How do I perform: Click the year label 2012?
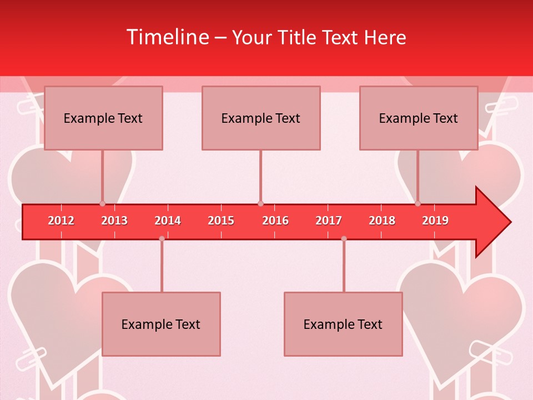tap(61, 221)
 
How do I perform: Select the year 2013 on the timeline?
tap(114, 221)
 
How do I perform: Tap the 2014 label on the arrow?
tap(168, 221)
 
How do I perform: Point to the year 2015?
tap(221, 221)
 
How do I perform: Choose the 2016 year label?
tap(275, 221)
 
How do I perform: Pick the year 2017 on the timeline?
tap(329, 221)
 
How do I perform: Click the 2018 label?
tap(382, 221)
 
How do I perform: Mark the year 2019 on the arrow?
tap(435, 221)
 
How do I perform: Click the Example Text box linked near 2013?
tap(103, 118)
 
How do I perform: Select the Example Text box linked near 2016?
tap(261, 118)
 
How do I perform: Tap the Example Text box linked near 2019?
tap(419, 118)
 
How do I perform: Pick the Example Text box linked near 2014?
tap(161, 324)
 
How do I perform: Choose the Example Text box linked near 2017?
tap(343, 324)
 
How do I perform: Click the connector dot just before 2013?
tap(102, 203)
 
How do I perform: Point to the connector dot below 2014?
tap(162, 238)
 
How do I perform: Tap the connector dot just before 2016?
tap(260, 203)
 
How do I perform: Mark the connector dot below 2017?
tap(344, 238)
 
